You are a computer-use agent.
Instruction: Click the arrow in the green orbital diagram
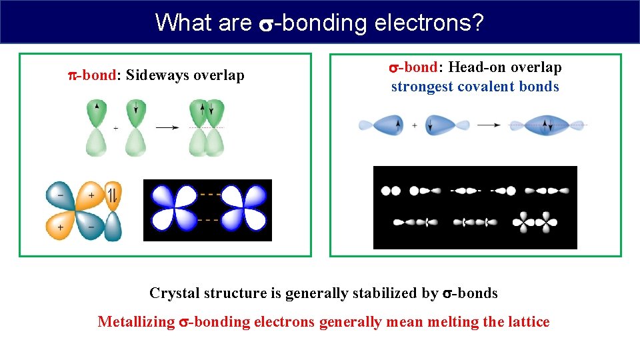(x=167, y=127)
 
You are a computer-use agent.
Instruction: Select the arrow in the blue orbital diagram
(x=489, y=125)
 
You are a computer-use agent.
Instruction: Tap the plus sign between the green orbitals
(x=115, y=128)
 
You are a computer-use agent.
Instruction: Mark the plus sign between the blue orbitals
(x=415, y=125)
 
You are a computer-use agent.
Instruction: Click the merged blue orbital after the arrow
(x=547, y=125)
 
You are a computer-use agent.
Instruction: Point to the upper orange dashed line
(x=211, y=194)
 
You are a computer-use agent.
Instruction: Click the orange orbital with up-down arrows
(x=113, y=195)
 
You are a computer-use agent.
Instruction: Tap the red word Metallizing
(x=136, y=322)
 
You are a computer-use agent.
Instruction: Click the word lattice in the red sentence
(x=528, y=322)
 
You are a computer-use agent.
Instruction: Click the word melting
(x=451, y=322)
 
